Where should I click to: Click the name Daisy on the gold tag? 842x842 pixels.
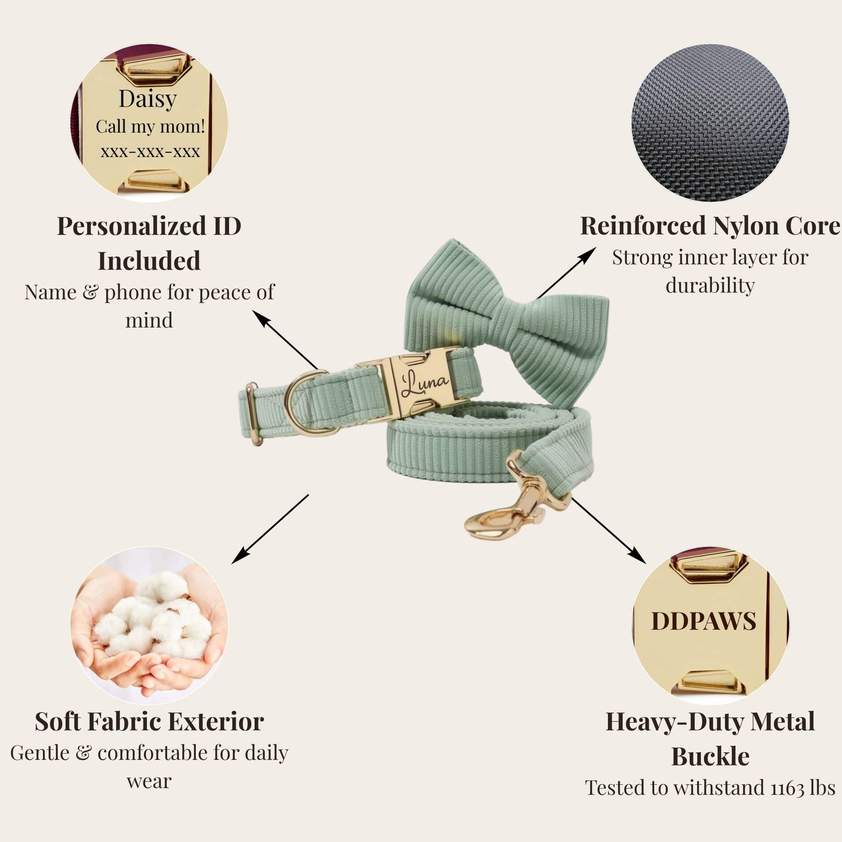coord(148,99)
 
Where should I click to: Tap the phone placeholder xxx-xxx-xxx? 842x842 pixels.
coord(150,152)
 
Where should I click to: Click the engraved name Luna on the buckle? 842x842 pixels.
coord(424,383)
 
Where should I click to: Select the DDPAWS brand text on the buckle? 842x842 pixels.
coord(703,621)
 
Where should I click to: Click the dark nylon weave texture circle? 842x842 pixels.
coord(710,123)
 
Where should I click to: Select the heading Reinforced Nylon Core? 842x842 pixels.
coord(710,226)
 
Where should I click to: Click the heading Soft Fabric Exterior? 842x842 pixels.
coord(149,722)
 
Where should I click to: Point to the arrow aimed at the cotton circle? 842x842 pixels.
coord(270,529)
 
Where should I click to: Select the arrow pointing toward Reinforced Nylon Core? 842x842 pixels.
coord(567,273)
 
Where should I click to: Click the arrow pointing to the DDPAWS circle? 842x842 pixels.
coord(609,530)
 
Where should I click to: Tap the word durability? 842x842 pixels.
coord(710,286)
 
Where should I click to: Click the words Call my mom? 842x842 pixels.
coord(150,127)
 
